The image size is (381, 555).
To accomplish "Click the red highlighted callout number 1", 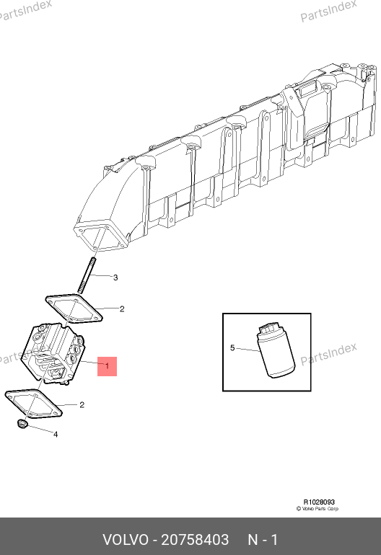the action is (107, 366).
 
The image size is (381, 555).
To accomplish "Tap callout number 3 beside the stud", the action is (115, 277).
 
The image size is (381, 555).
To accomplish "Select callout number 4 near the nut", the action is (56, 435).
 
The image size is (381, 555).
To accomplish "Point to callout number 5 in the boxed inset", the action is (232, 348).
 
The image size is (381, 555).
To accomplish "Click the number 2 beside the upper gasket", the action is (122, 309).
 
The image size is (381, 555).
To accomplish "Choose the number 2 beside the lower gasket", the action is (82, 404).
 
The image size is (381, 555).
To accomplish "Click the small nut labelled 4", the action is (22, 423).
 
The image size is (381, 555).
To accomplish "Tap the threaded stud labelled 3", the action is (87, 276).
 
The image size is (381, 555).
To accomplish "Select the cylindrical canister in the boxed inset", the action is (276, 350).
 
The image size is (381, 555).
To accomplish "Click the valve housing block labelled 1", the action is (53, 354).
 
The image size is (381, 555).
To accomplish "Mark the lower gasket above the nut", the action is (34, 404).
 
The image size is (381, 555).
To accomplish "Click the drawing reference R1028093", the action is (319, 502).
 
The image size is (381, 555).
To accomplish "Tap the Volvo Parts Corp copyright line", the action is (317, 509).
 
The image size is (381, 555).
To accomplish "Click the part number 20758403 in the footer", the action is (195, 540).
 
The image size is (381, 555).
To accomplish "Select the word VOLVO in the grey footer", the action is (126, 540).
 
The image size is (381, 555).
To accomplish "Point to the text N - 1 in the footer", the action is (263, 540).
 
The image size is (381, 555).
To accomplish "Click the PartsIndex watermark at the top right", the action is (328, 11).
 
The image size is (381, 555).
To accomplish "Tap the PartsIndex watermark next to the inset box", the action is (328, 354).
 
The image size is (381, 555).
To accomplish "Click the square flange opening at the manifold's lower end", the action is (100, 237).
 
